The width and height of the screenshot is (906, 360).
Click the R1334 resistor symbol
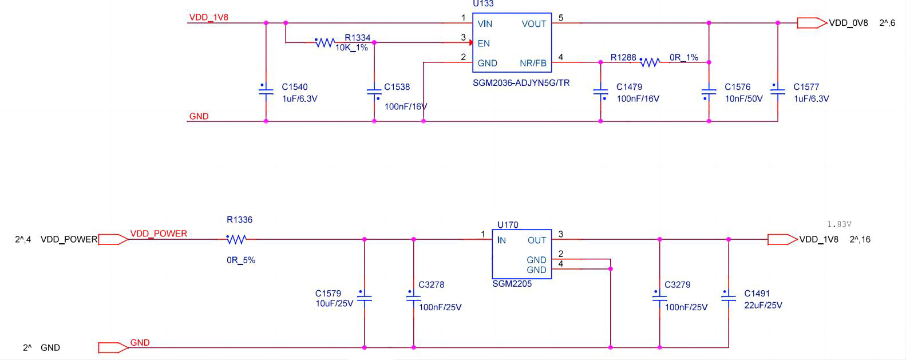point(325,43)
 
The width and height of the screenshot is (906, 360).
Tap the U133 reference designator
point(483,4)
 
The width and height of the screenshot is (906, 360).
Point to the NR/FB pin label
point(533,63)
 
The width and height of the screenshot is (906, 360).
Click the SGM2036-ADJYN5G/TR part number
point(521,83)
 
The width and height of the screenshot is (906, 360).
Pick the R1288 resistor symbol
point(650,62)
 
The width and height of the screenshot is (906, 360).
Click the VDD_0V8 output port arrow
point(812,23)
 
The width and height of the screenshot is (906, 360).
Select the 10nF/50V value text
point(743,98)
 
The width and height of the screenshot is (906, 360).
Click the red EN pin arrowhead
point(470,43)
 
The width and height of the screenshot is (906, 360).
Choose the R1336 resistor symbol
point(236,239)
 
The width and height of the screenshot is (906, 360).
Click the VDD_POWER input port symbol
point(113,239)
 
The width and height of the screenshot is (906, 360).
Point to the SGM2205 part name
point(512,284)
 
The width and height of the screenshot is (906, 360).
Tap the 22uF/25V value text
point(763,305)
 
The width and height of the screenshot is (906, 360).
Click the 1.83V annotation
point(839,224)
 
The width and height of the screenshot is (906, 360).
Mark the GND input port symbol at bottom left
point(113,347)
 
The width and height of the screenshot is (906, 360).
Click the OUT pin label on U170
point(537,240)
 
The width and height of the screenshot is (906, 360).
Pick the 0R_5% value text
point(241,260)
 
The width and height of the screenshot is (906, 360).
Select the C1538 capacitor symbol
point(374,92)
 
